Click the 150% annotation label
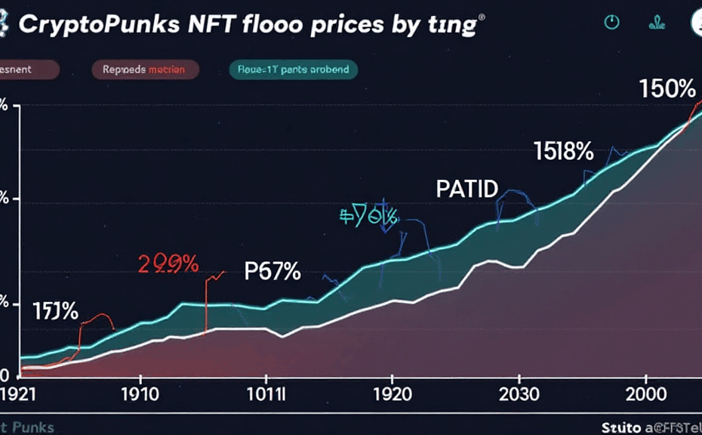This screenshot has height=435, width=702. [667, 89]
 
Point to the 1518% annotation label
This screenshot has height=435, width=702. [563, 152]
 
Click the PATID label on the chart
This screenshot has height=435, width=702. [467, 189]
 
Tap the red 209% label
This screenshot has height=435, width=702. [168, 264]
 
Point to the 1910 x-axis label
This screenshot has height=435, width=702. [139, 393]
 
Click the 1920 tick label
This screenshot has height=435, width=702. [393, 393]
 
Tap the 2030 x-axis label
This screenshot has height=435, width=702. [519, 393]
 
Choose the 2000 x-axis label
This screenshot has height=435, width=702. [645, 393]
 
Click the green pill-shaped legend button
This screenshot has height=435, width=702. [293, 69]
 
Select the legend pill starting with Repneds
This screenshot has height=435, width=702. [144, 69]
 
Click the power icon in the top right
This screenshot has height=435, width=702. [612, 23]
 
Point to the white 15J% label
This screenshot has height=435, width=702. [55, 310]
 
